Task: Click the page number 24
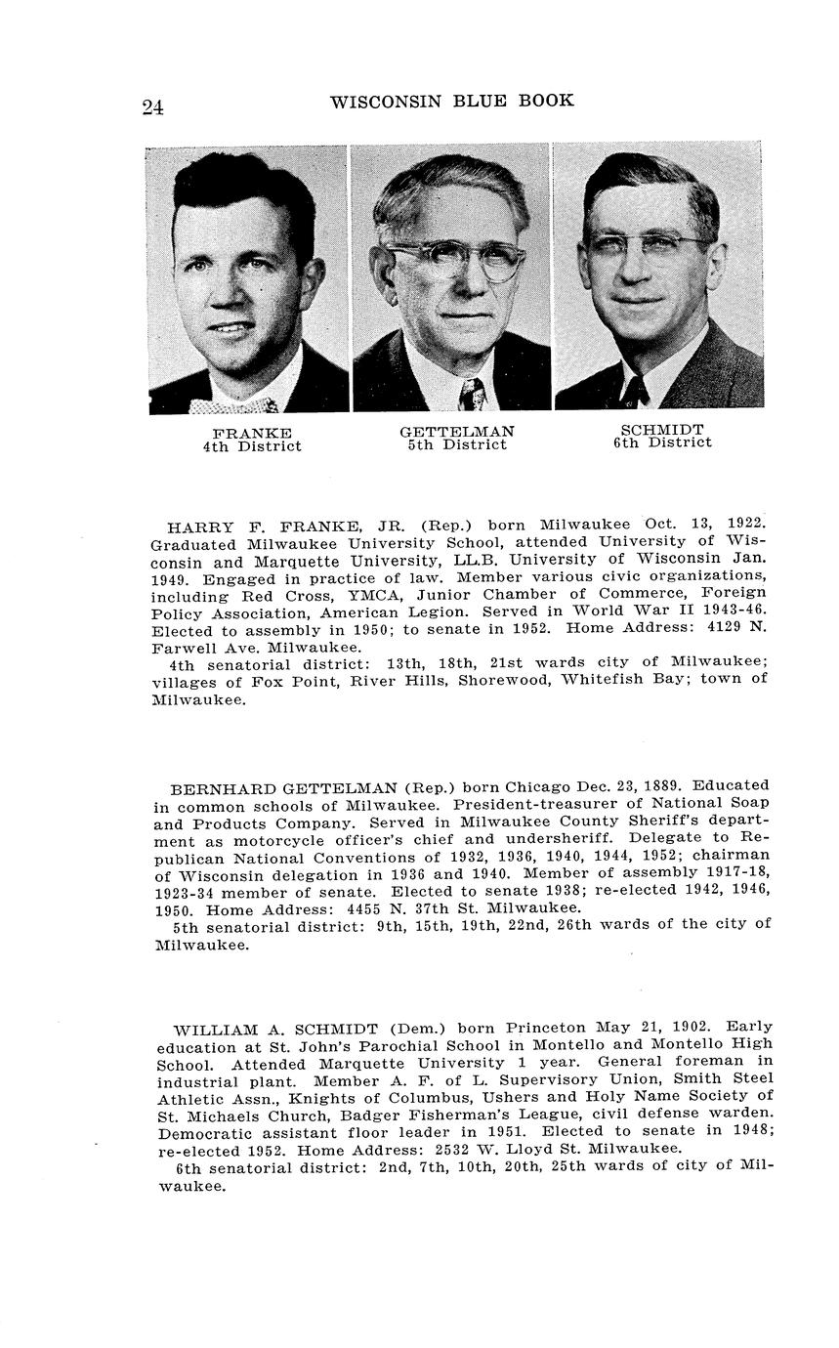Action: (x=152, y=106)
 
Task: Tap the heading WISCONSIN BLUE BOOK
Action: (x=451, y=101)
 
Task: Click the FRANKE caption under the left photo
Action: (x=252, y=433)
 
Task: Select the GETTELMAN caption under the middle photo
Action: (x=457, y=431)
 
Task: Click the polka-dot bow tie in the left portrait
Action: (x=234, y=403)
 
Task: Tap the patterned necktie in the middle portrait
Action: (x=472, y=394)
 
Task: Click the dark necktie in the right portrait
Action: (x=635, y=392)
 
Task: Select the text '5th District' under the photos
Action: (x=457, y=445)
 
